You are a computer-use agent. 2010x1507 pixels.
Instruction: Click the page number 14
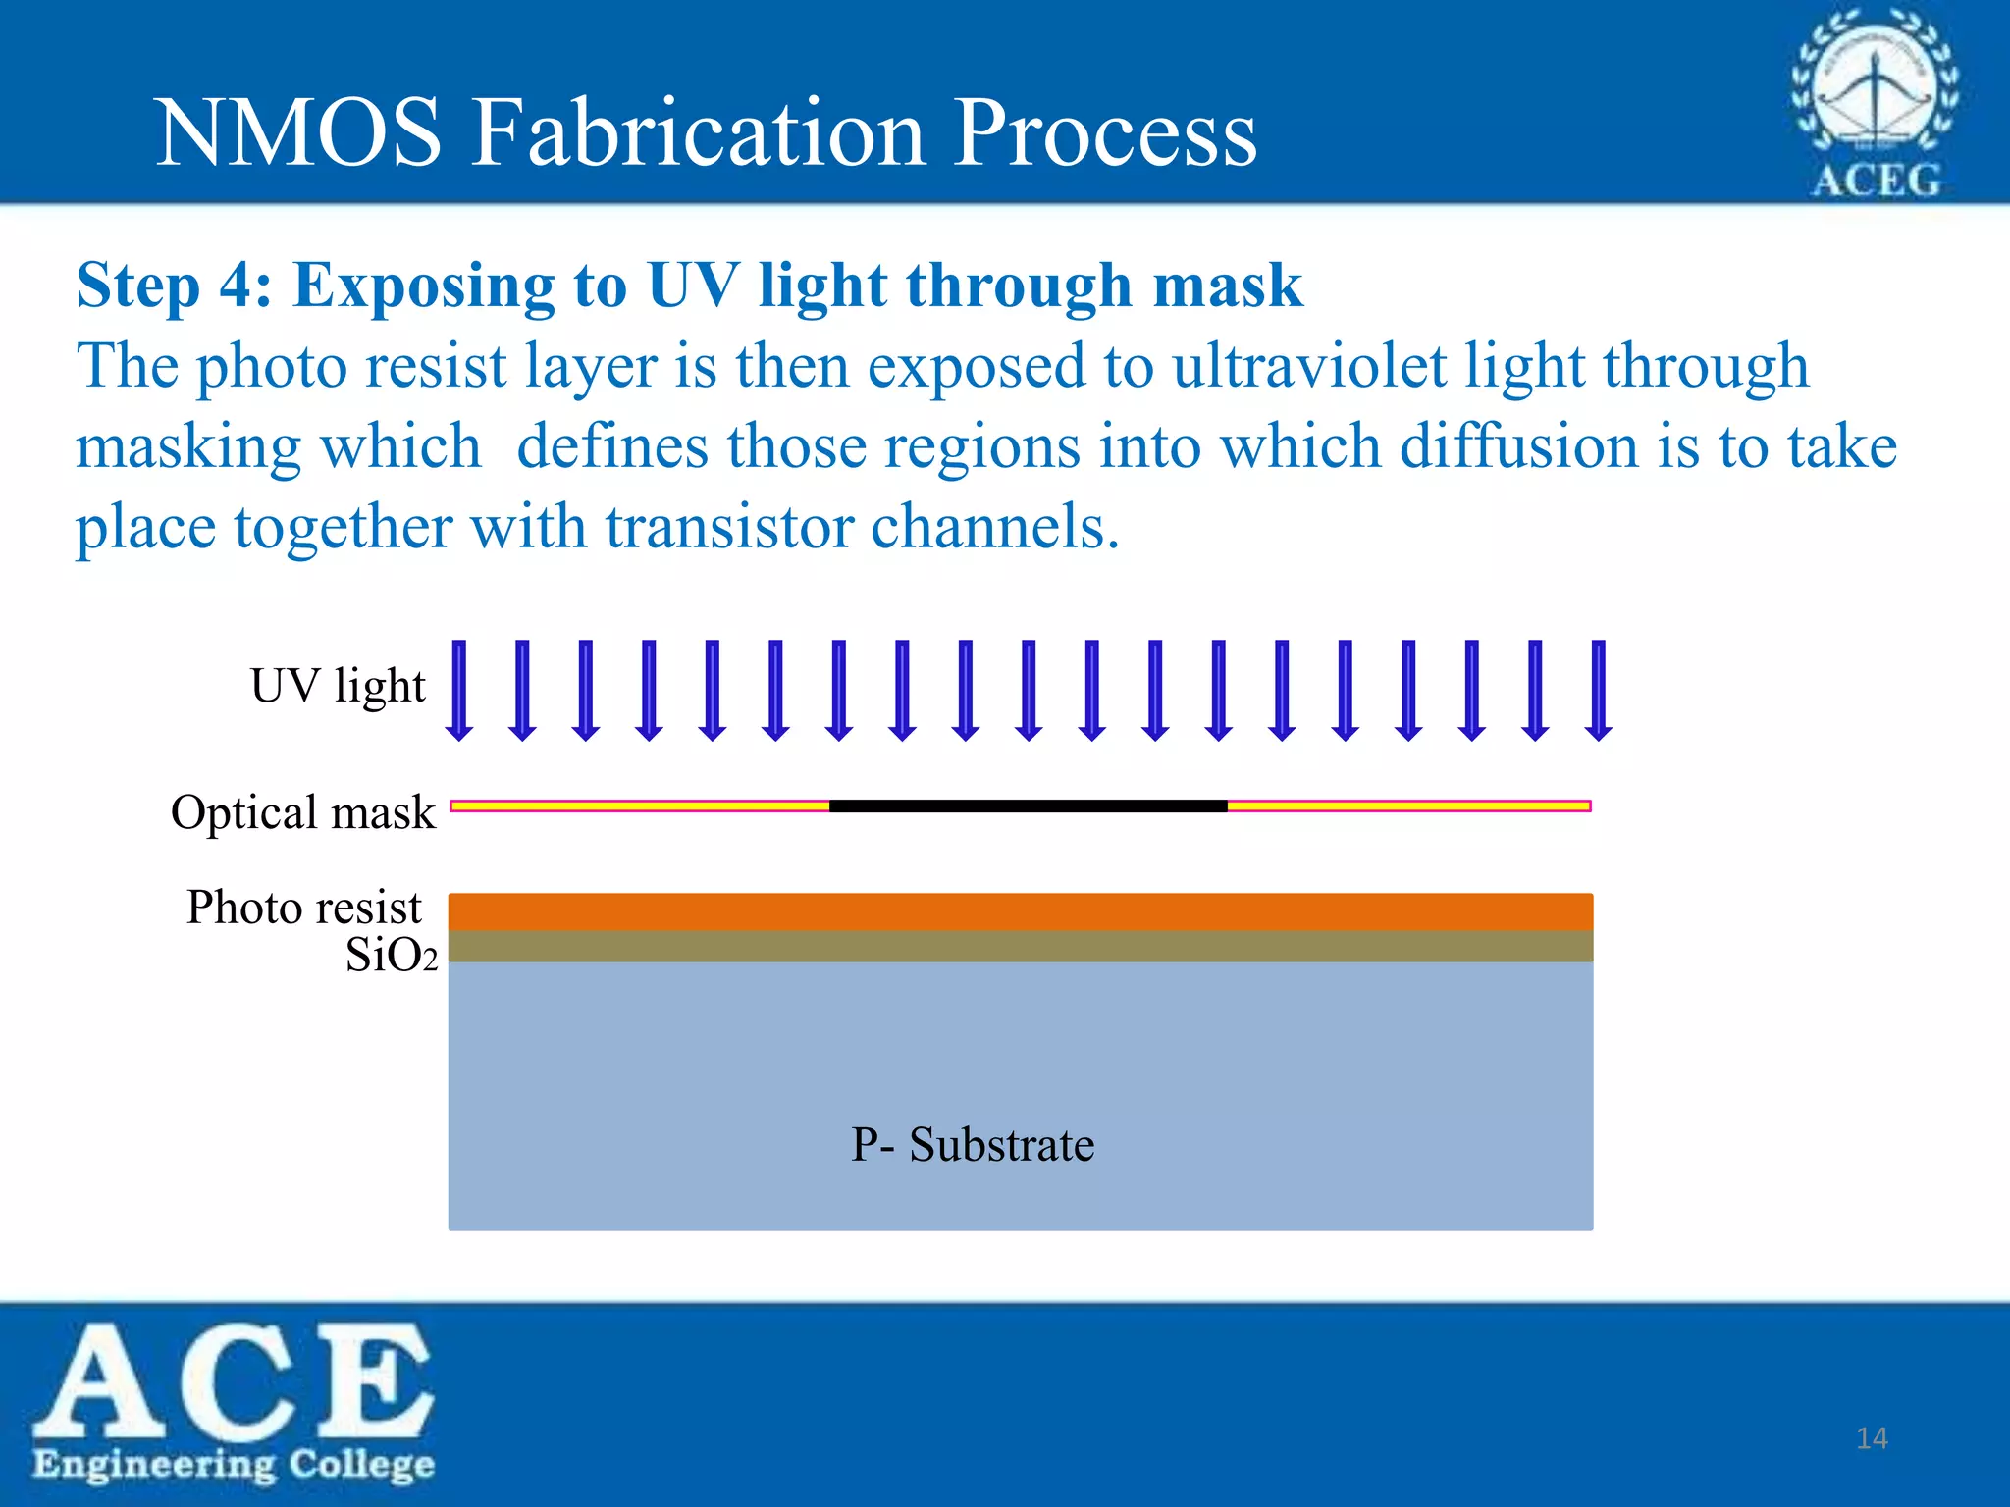pos(1872,1438)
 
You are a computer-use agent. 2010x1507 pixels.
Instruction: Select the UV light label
pos(338,686)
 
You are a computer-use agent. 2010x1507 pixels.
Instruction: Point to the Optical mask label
pos(302,812)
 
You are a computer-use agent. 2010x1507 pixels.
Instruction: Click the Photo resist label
pos(304,908)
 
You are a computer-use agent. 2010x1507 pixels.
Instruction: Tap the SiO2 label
pos(391,956)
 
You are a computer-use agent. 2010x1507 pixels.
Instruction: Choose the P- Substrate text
pos(972,1145)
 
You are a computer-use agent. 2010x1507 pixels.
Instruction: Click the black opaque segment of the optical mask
pos(1028,806)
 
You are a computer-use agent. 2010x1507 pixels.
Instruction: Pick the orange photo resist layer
pos(1021,911)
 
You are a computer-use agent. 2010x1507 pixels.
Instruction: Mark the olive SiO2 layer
pos(1021,947)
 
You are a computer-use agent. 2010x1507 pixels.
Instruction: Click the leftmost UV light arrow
pos(459,690)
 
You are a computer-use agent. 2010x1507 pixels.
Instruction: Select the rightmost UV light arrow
pos(1599,690)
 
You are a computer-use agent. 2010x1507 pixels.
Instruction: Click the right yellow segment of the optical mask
pos(1408,806)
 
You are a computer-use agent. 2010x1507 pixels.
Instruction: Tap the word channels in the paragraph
pos(994,528)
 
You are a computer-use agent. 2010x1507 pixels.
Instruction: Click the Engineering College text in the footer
pos(234,1464)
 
